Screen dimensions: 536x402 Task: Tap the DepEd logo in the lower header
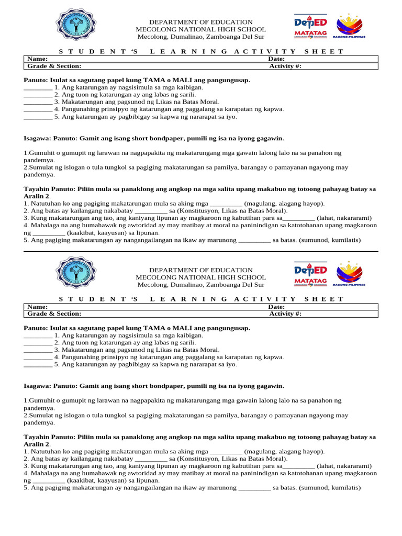click(x=310, y=270)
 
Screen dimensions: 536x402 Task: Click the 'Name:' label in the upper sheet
click(x=38, y=59)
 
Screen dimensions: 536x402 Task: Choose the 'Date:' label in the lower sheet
click(x=276, y=307)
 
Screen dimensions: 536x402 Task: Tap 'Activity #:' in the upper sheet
click(x=285, y=66)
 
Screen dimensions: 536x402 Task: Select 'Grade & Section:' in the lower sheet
click(x=54, y=314)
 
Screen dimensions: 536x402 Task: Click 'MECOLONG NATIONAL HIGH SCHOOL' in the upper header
click(x=200, y=29)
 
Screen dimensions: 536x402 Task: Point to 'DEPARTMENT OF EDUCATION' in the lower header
click(x=200, y=270)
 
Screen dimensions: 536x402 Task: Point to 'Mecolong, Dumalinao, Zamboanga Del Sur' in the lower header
click(x=200, y=285)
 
